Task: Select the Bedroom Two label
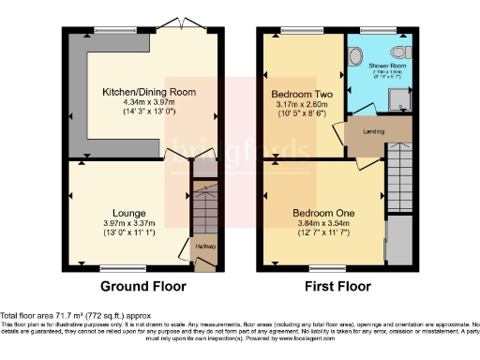click(296, 95)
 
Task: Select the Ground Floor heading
click(142, 287)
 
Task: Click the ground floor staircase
click(204, 206)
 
